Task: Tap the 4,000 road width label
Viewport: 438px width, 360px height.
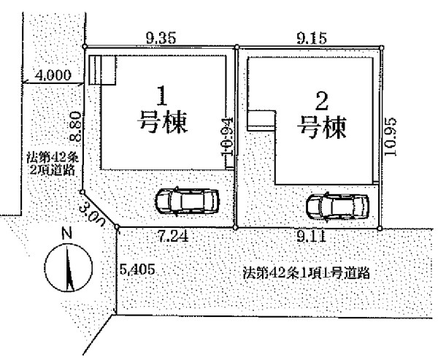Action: [53, 74]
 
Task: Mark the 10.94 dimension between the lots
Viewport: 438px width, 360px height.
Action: [226, 139]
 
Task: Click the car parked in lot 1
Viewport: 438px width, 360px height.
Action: [184, 200]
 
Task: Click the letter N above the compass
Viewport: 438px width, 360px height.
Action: [66, 234]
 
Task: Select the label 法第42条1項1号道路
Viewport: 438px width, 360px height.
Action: [307, 275]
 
